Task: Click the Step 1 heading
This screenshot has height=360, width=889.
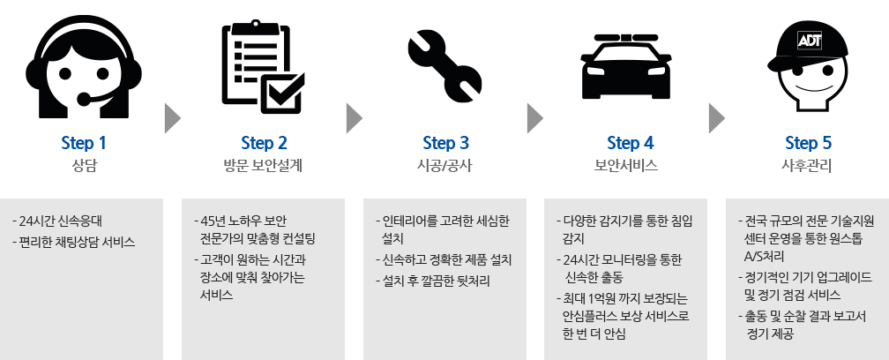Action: [84, 142]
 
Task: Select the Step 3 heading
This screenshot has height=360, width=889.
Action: [445, 142]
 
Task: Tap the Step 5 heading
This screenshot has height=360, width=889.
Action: [808, 142]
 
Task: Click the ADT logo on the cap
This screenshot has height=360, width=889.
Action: [810, 41]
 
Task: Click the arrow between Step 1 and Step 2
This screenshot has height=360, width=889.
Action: [172, 116]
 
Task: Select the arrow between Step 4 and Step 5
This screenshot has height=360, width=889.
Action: [716, 116]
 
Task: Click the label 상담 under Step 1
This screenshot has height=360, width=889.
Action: [84, 165]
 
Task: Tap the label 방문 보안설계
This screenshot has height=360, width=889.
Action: [264, 165]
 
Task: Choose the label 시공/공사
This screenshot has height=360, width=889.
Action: [445, 165]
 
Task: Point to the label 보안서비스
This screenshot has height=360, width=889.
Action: [627, 165]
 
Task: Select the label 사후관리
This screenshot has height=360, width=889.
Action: [808, 165]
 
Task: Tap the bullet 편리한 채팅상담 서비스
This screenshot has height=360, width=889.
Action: [77, 242]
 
